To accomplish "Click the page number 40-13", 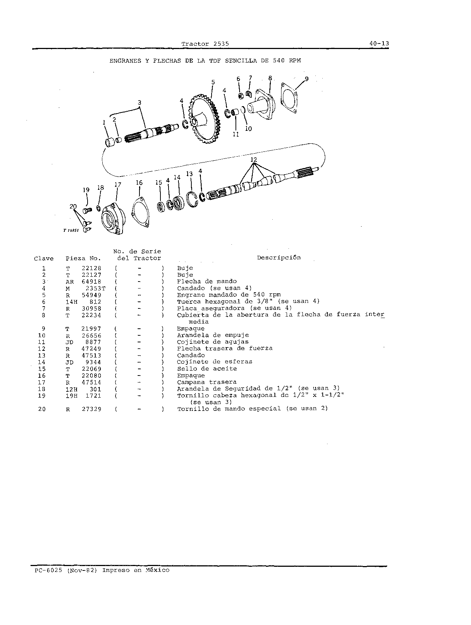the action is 379,43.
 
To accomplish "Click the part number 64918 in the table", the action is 91,282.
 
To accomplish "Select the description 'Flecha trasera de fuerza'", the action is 225,349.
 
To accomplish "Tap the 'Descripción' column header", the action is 279,258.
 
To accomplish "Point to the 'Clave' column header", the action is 44,259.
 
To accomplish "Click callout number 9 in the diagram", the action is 307,78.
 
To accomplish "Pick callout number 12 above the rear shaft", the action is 254,160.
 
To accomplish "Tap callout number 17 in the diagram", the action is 117,185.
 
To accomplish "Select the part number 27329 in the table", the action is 91,409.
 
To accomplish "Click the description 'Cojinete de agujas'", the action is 213,342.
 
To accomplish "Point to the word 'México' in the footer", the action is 157,570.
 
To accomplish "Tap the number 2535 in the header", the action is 221,43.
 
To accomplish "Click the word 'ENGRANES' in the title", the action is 125,61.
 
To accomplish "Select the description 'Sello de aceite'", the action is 207,369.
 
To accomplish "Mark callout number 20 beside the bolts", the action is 73,206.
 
